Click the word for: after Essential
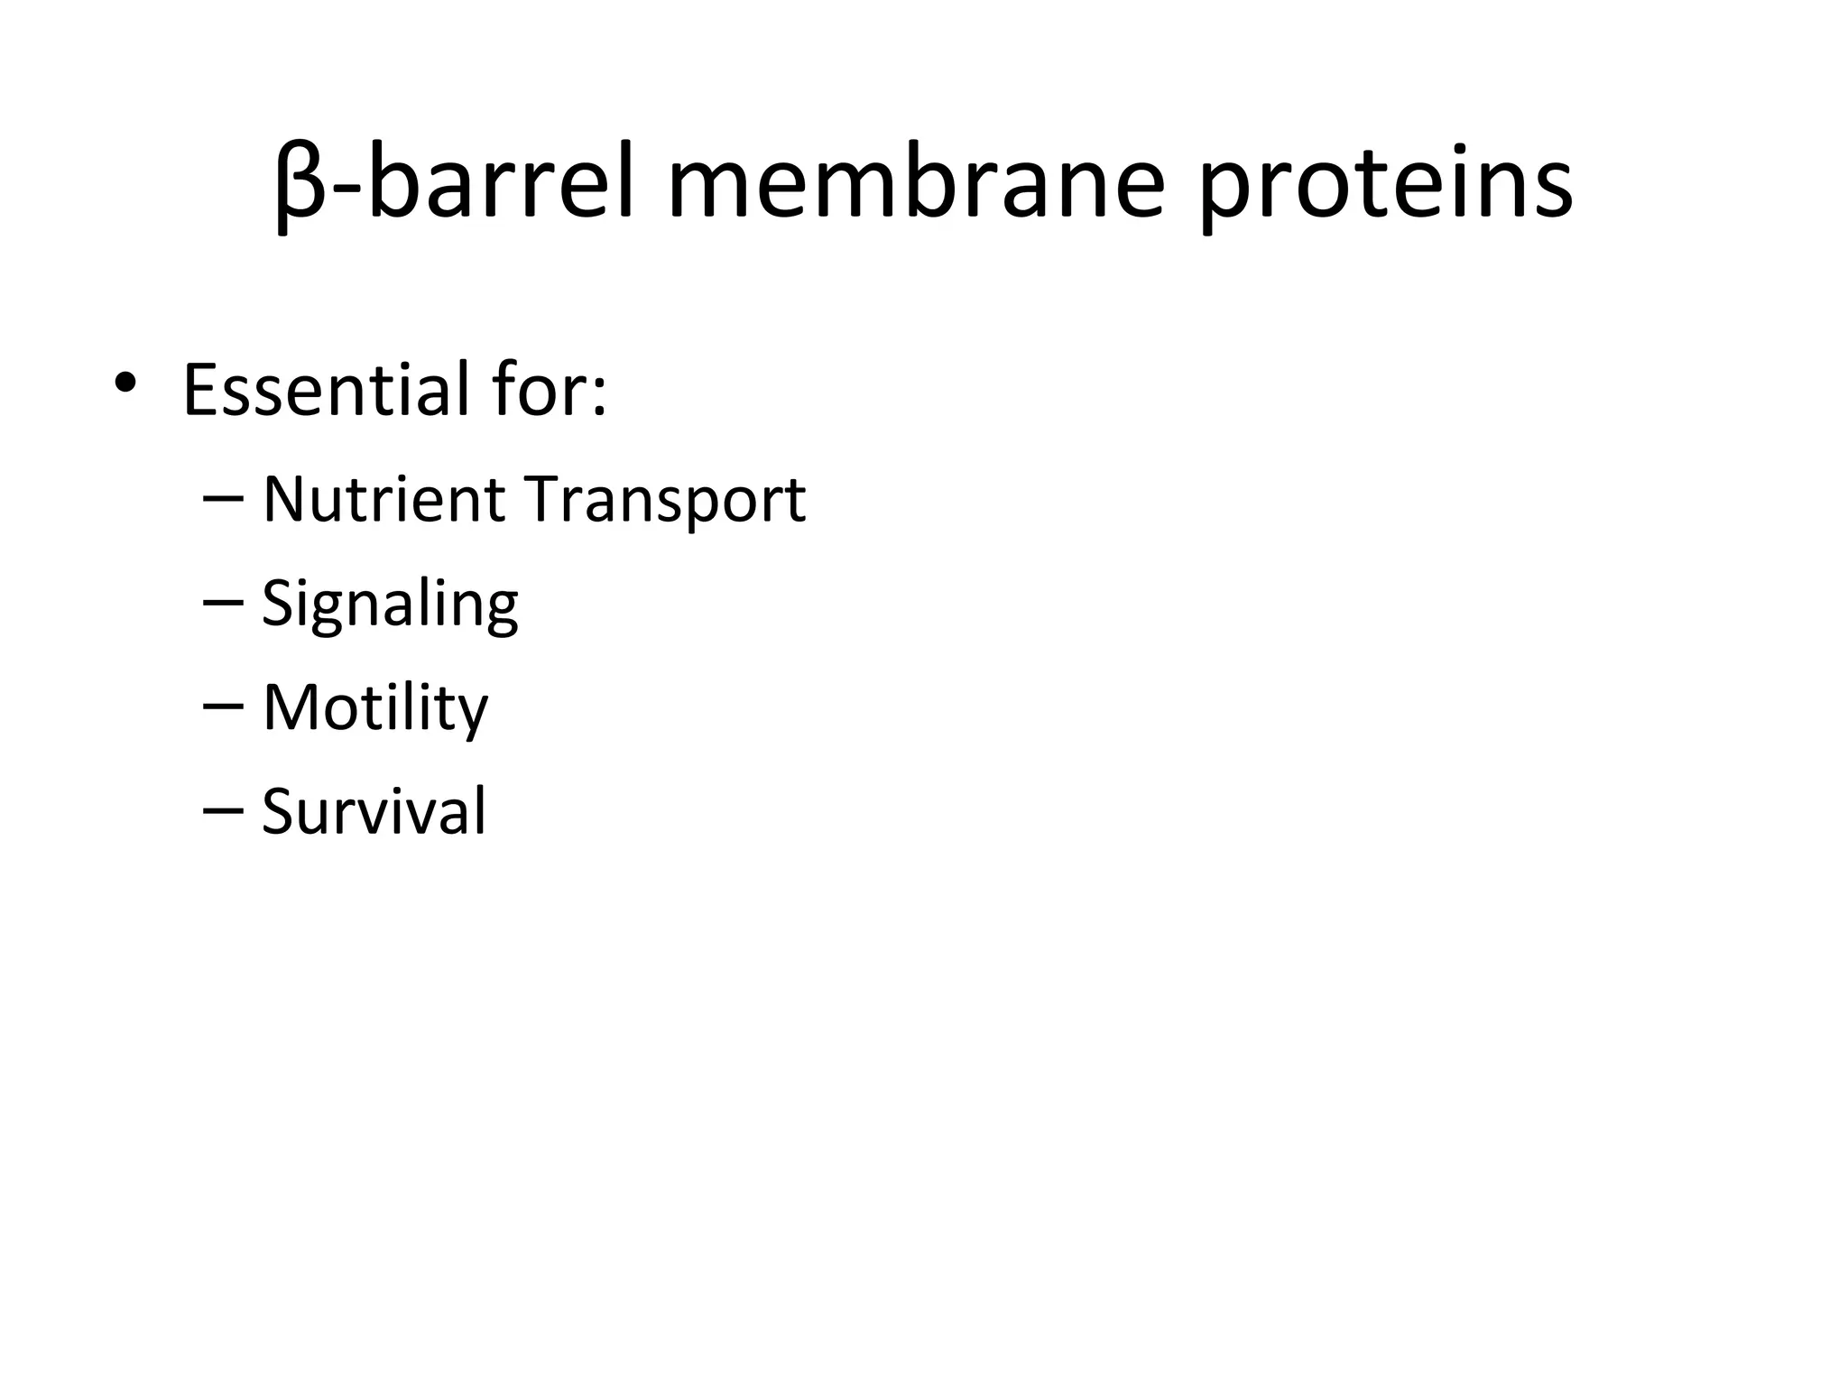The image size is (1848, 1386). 550,390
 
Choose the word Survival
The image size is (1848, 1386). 374,811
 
